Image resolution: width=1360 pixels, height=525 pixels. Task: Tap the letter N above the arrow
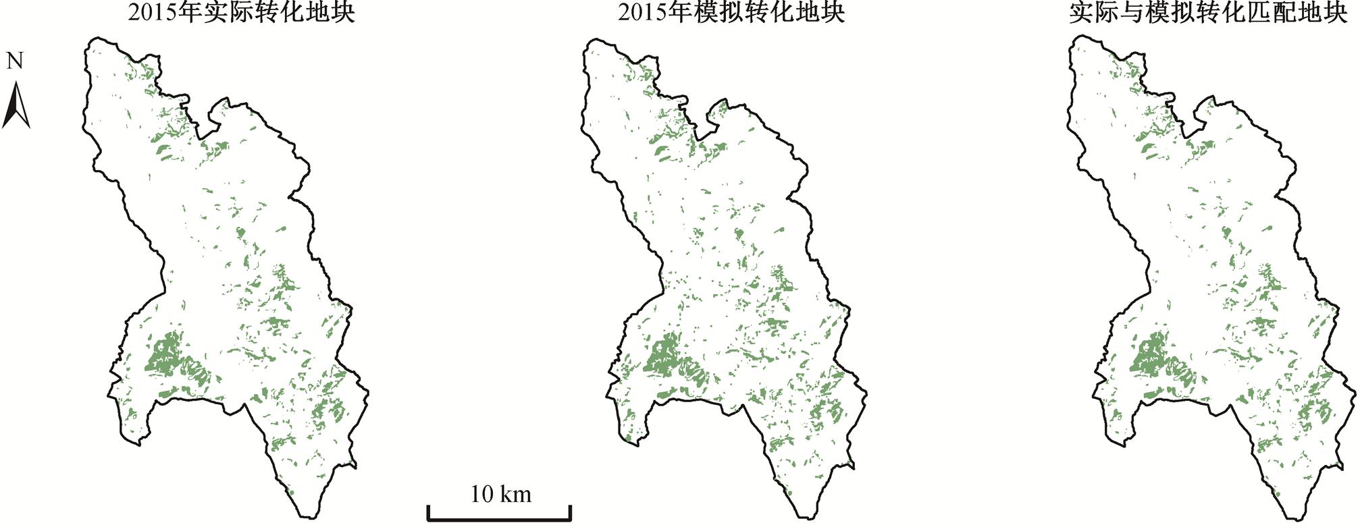[15, 61]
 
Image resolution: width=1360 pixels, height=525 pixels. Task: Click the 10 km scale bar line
[500, 520]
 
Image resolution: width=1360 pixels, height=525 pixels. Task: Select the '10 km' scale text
[500, 495]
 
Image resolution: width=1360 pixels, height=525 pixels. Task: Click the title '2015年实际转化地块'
[242, 13]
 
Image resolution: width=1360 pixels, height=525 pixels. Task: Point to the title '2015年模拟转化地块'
[731, 13]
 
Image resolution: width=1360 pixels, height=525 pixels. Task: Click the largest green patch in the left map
[164, 355]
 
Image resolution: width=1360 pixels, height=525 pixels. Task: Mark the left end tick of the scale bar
[429, 513]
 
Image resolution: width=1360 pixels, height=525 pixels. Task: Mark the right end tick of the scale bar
[571, 513]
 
